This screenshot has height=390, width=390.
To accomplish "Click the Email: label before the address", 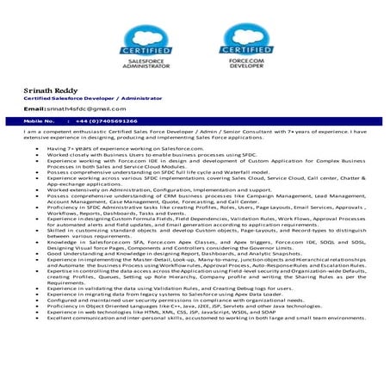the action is tap(34, 110).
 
